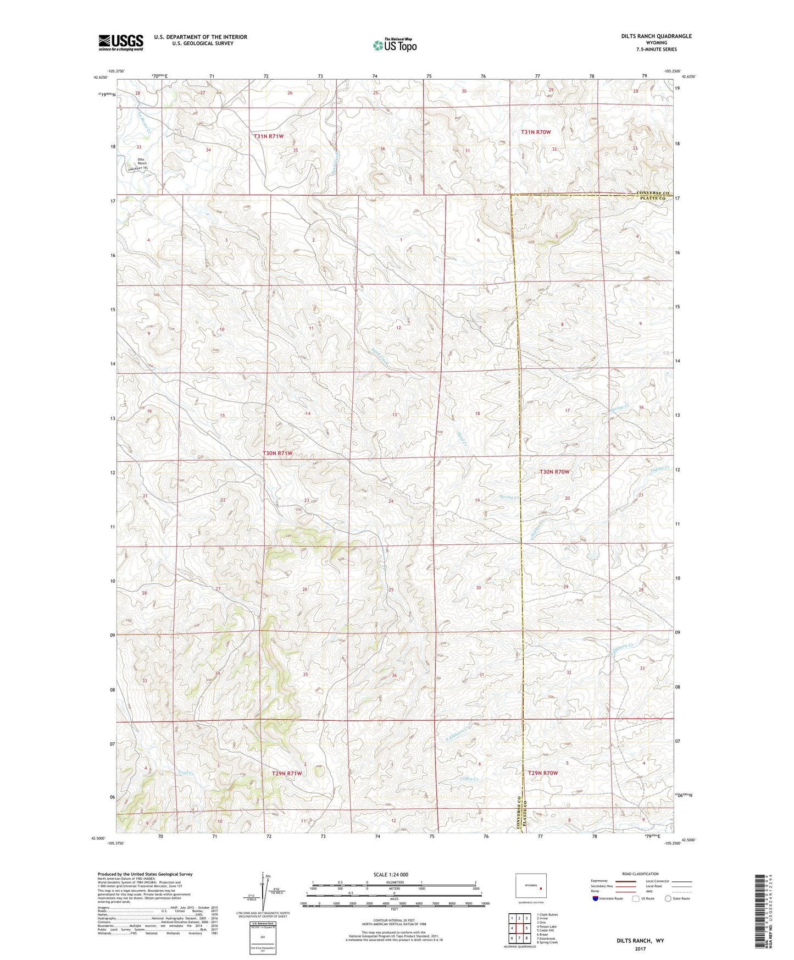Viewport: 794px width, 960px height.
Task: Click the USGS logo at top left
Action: point(121,42)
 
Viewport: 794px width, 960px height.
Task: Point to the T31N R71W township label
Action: point(269,136)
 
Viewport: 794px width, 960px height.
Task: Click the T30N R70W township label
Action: point(554,472)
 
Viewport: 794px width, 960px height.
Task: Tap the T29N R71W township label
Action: point(287,773)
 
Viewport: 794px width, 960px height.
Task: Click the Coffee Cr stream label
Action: point(470,779)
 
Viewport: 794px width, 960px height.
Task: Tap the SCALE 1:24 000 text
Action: point(391,874)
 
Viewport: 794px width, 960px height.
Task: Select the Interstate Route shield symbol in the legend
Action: point(595,898)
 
